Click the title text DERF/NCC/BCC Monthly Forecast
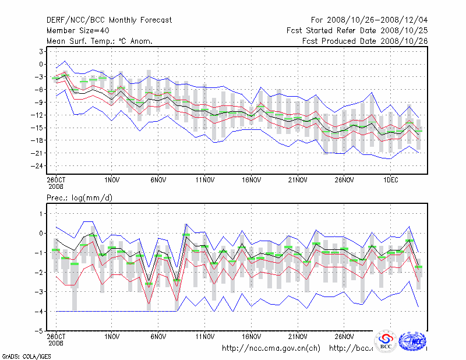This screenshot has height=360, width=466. coord(109,20)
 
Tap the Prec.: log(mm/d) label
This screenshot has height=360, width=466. coord(79,198)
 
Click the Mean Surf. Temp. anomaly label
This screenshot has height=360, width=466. coord(99,41)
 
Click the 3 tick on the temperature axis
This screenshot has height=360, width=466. coord(42,51)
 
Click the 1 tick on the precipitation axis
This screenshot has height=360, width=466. coord(42,214)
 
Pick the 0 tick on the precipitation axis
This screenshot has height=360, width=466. coord(42,233)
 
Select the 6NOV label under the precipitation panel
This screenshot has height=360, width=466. coord(158,337)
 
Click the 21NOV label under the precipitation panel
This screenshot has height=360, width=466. coord(298,337)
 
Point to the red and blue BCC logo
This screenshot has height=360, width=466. coord(386,341)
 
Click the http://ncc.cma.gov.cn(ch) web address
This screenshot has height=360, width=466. coord(271,348)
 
